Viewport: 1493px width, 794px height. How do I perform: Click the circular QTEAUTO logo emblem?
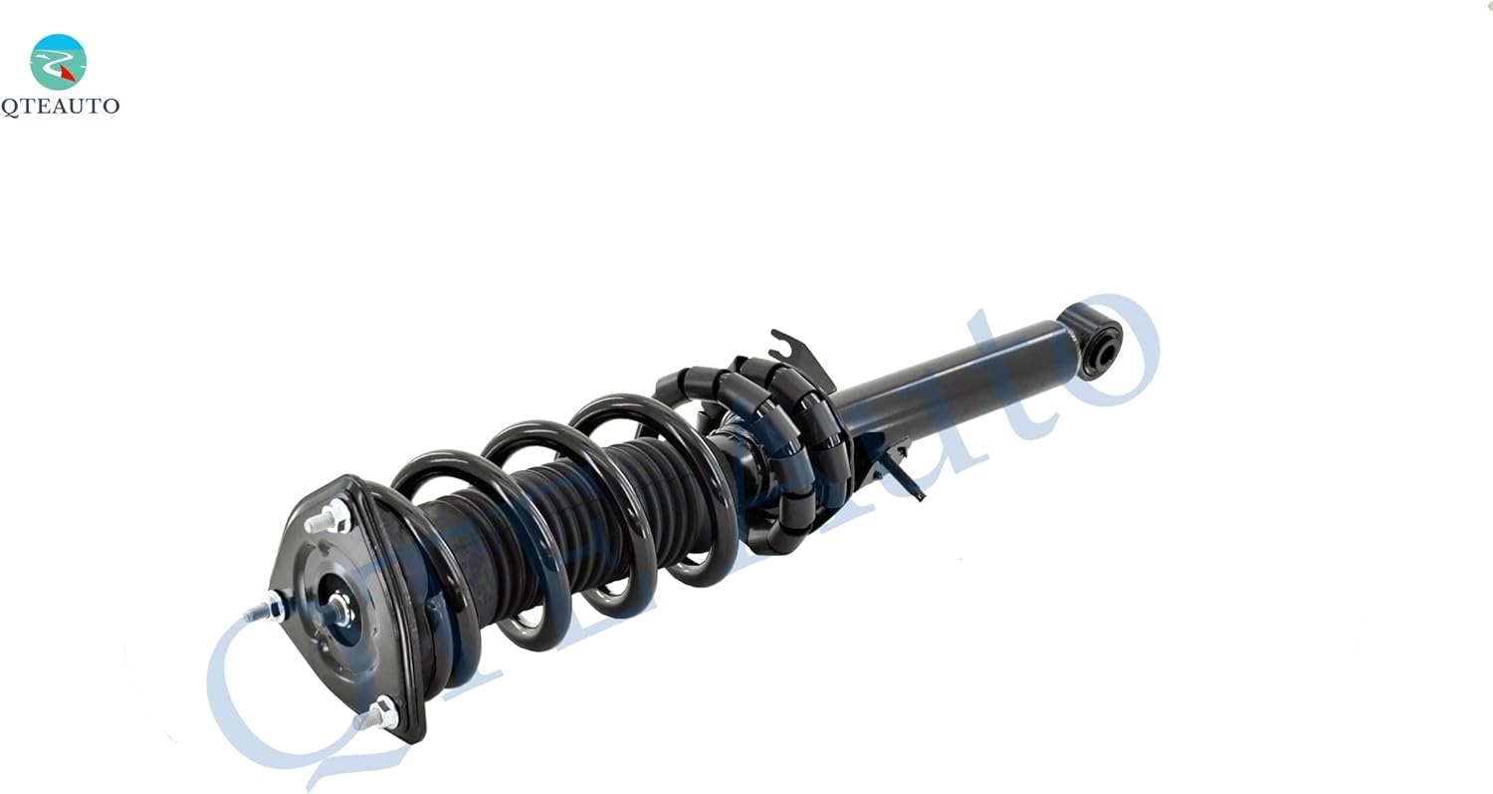[x=58, y=62]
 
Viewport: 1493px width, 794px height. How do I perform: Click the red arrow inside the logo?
[x=67, y=73]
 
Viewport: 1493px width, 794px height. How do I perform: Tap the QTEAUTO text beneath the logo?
[x=60, y=107]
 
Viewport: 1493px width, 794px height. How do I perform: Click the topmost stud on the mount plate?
[x=327, y=518]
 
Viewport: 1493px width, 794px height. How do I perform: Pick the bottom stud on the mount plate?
[x=376, y=714]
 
